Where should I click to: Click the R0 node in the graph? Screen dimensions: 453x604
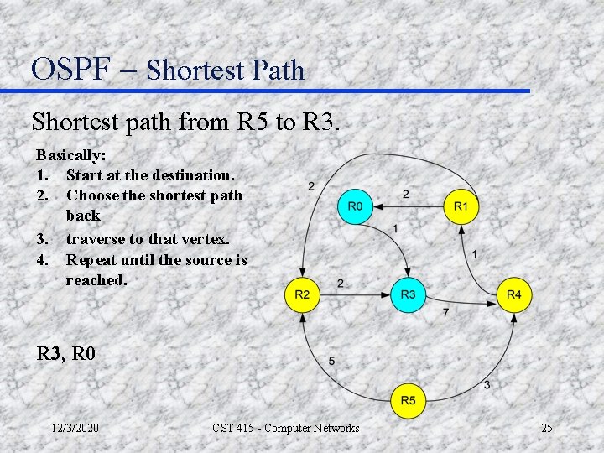click(x=355, y=206)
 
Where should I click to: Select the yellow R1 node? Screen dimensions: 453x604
click(x=461, y=206)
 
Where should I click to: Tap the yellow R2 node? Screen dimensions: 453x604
click(x=302, y=294)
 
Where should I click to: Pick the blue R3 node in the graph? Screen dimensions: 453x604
click(x=408, y=294)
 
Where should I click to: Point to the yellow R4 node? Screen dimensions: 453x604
click(x=513, y=294)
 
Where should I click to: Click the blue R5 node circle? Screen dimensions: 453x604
click(x=408, y=400)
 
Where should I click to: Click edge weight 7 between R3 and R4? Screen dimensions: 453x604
click(x=445, y=312)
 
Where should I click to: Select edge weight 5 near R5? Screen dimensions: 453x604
click(x=331, y=361)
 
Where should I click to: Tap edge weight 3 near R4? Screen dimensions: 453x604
click(x=487, y=384)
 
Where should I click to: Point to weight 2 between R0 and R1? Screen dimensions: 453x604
click(x=406, y=195)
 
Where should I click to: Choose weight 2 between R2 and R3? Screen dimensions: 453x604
click(x=340, y=284)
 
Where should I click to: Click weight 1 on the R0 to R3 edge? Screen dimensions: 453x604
click(x=395, y=228)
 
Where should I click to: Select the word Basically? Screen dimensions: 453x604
click(x=70, y=155)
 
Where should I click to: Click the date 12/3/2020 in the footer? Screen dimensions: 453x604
click(x=75, y=429)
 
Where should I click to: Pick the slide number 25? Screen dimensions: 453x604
click(x=546, y=429)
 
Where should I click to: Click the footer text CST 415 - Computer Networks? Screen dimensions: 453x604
click(x=285, y=429)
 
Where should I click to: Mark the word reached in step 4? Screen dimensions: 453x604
click(x=96, y=280)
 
